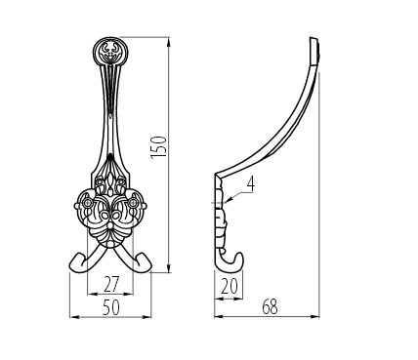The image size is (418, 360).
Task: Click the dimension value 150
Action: [159, 147]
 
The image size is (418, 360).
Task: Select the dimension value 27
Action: [111, 284]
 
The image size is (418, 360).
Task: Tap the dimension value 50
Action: [111, 307]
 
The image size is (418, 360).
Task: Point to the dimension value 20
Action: [230, 287]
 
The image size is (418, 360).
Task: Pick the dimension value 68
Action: [270, 307]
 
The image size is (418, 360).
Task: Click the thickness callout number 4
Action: [250, 183]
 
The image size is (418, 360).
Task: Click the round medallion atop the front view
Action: [109, 52]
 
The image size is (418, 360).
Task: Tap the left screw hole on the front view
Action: [87, 203]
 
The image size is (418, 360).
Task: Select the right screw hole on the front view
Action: [133, 203]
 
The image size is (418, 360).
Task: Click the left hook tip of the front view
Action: [75, 263]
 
